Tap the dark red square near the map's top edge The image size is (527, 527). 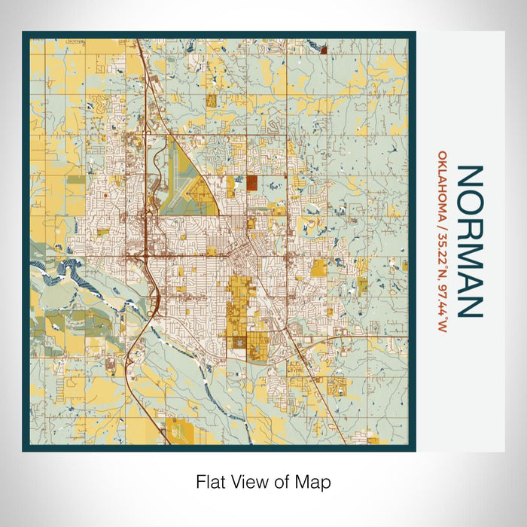(323, 51)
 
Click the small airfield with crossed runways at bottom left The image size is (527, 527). (179, 431)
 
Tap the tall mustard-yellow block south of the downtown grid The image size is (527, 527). (239, 301)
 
